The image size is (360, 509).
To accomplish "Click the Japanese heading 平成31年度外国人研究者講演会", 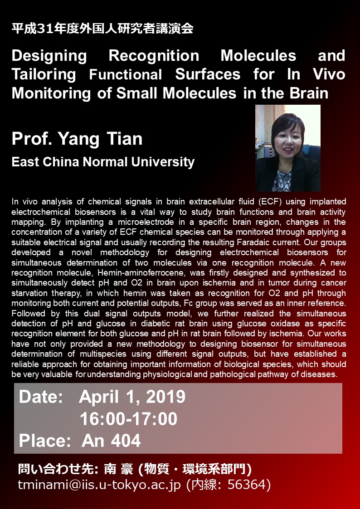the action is click(x=102, y=29).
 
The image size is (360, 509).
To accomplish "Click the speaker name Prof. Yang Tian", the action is click(x=77, y=139).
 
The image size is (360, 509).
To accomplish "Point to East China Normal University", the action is click(x=103, y=162).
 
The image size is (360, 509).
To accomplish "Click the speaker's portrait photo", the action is click(x=288, y=148).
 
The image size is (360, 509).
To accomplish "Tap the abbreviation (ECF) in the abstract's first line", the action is click(x=268, y=202).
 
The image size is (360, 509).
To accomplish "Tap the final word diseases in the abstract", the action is click(x=320, y=374).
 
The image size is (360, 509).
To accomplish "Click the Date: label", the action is click(x=41, y=397).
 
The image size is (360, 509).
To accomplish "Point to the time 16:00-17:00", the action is click(x=129, y=419).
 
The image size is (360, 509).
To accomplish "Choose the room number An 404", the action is click(x=112, y=441).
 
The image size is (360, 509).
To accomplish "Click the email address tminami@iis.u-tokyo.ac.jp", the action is click(x=99, y=485).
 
